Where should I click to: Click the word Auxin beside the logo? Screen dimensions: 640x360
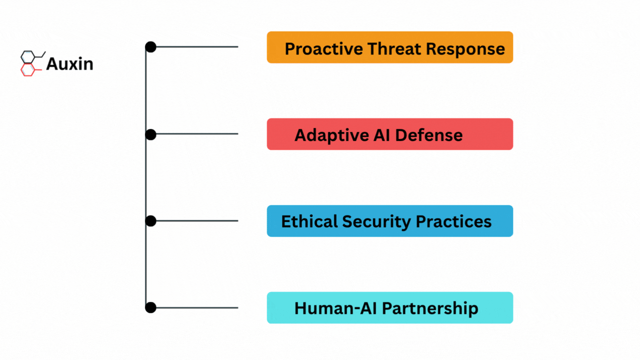[x=69, y=63]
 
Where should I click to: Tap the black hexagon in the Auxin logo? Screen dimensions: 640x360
[x=27, y=57]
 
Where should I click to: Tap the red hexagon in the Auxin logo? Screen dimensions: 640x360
[x=27, y=70]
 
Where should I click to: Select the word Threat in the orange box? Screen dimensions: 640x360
[x=394, y=48]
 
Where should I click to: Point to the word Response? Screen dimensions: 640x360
[x=465, y=49]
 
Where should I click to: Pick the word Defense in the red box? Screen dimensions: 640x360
[x=429, y=135]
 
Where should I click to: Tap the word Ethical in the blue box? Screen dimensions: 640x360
[x=309, y=221]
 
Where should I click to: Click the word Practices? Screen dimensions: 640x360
[x=453, y=221]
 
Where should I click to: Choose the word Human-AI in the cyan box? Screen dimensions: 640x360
[x=335, y=308]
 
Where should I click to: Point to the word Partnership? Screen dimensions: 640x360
[x=430, y=308]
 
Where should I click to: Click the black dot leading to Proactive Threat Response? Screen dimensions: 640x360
[x=150, y=47]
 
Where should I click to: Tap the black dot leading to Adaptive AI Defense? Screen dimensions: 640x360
[x=150, y=134]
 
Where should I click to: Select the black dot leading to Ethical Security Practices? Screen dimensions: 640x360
[x=150, y=221]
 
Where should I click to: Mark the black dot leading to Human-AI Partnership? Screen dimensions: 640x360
[x=150, y=307]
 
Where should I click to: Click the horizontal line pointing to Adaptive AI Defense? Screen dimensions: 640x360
[x=197, y=133]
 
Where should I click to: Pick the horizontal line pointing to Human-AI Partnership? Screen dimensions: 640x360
[x=197, y=307]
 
